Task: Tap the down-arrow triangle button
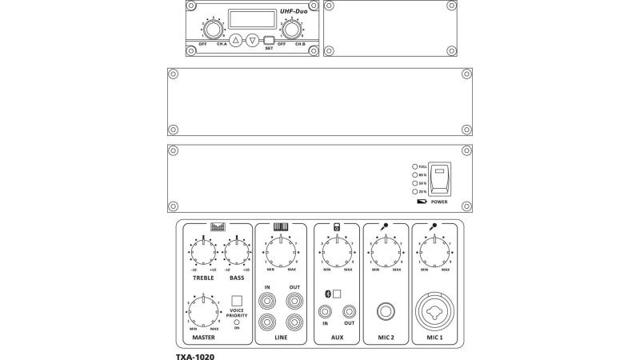pyautogui.click(x=253, y=40)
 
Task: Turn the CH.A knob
pyautogui.click(x=212, y=30)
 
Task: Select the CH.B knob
pyautogui.click(x=292, y=30)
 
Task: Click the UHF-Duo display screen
pyautogui.click(x=252, y=18)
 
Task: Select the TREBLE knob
pyautogui.click(x=203, y=253)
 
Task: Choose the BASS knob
pyautogui.click(x=237, y=253)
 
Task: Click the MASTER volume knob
pyautogui.click(x=203, y=309)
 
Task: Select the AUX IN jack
pyautogui.click(x=326, y=311)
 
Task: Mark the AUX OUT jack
pyautogui.click(x=349, y=311)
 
